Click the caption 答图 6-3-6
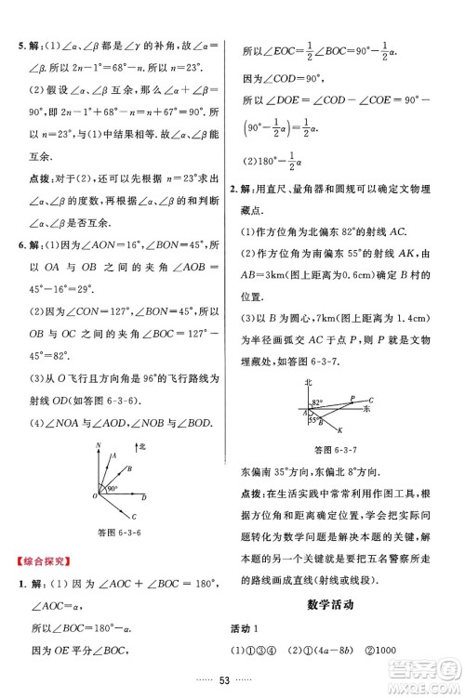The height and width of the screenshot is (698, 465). coord(118,533)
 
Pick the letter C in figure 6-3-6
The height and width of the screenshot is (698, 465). coord(134,515)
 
